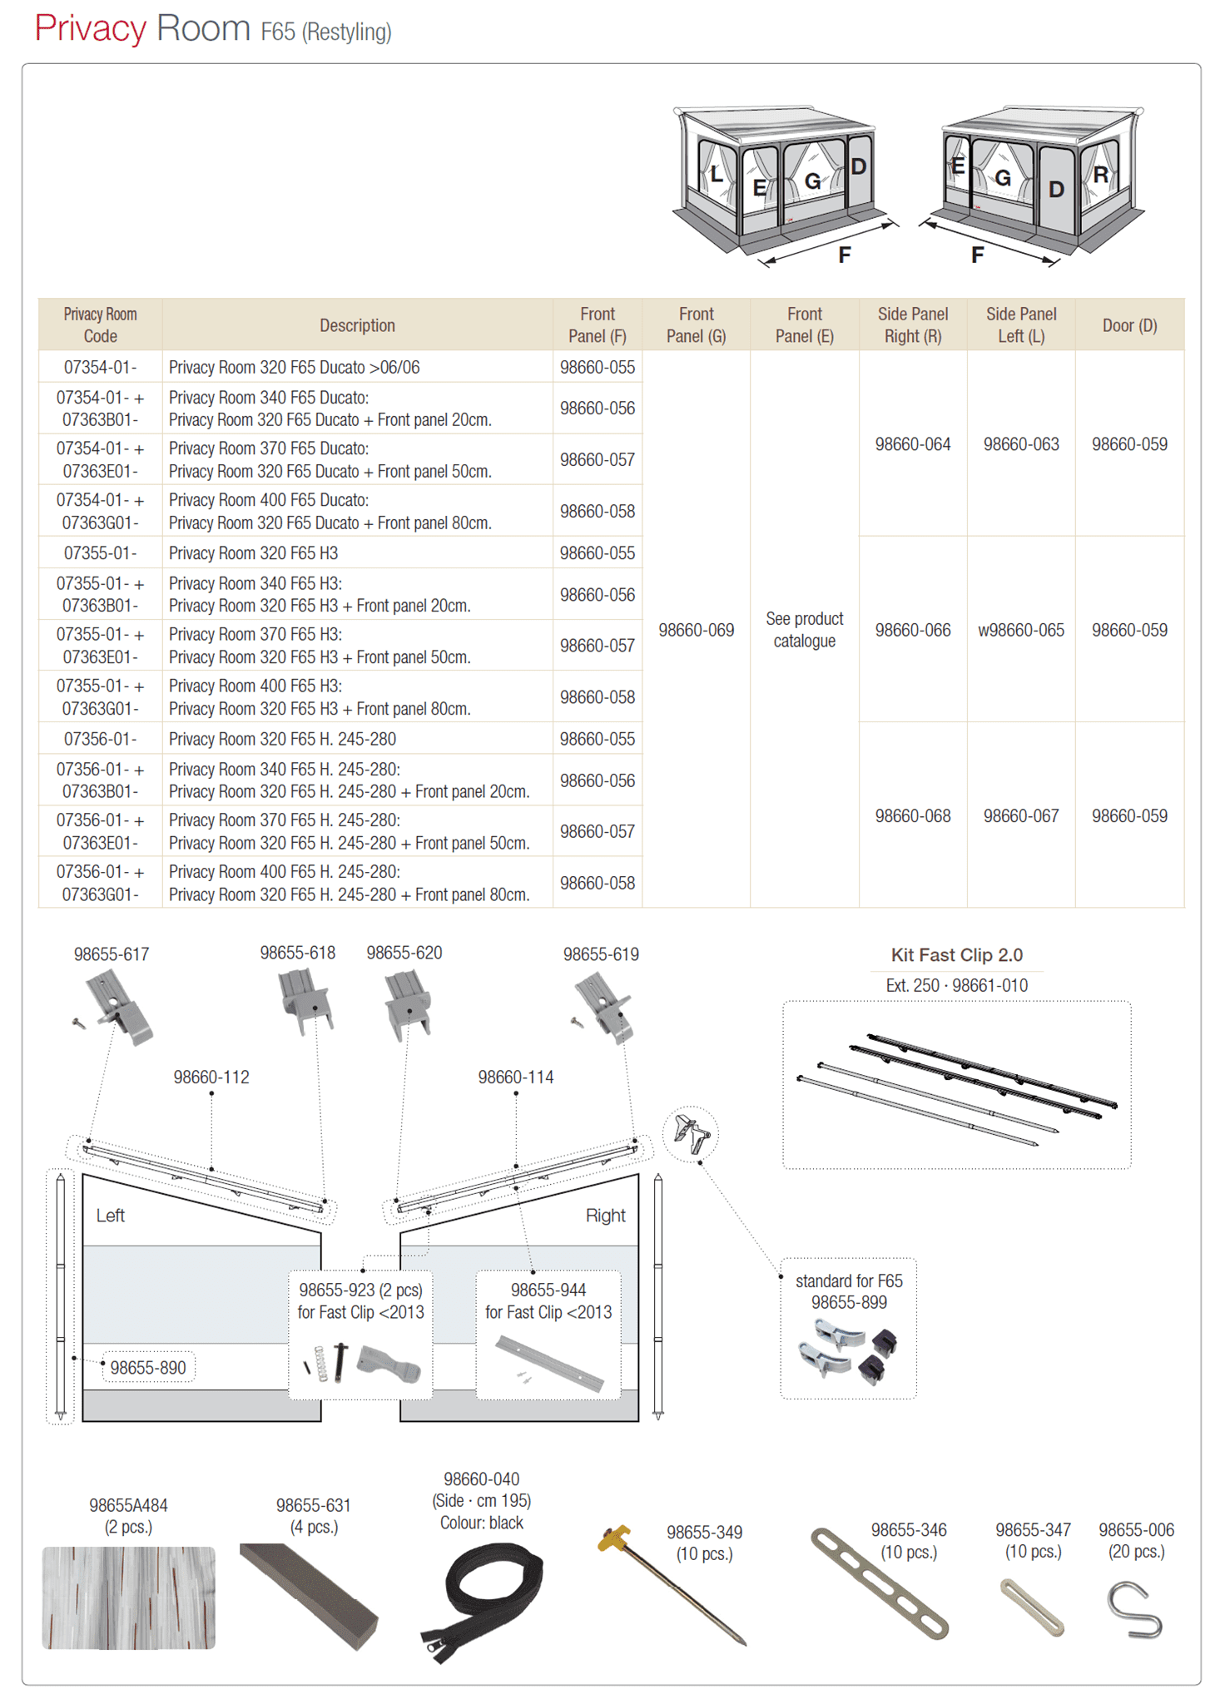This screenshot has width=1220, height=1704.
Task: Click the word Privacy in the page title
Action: (90, 29)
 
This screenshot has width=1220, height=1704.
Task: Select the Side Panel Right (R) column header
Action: (912, 324)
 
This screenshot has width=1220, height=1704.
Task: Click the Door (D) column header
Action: (1129, 325)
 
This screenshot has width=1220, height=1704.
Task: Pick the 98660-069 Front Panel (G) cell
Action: (696, 630)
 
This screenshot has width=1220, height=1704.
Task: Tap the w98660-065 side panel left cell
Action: (1020, 630)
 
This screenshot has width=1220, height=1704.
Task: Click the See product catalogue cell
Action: (804, 630)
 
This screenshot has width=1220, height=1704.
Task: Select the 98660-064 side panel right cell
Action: (912, 444)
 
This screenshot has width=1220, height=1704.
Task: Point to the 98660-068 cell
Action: (912, 816)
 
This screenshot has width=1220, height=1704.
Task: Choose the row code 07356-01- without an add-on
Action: (100, 739)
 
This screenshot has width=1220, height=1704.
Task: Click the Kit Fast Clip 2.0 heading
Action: (956, 954)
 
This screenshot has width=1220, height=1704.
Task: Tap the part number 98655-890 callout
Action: (148, 1367)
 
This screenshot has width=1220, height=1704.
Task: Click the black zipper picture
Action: (483, 1601)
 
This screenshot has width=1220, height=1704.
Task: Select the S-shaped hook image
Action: (1134, 1610)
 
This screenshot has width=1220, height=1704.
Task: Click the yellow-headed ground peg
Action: (671, 1584)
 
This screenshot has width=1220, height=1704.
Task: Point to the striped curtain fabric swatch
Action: (128, 1597)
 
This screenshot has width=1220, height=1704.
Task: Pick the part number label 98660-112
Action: (211, 1077)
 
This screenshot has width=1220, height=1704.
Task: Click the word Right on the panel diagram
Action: (605, 1216)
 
